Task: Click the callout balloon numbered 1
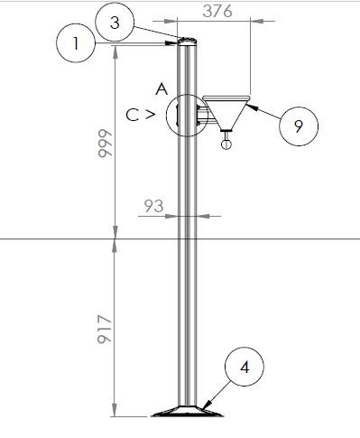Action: tap(76, 43)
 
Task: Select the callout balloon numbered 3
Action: tap(115, 23)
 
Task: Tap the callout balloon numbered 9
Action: tap(299, 126)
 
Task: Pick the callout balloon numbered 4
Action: tap(245, 367)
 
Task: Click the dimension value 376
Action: tap(217, 12)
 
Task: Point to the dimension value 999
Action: tap(105, 144)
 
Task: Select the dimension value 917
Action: tap(105, 330)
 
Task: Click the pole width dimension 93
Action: tap(153, 206)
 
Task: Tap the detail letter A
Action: tap(162, 89)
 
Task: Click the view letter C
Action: tap(133, 115)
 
